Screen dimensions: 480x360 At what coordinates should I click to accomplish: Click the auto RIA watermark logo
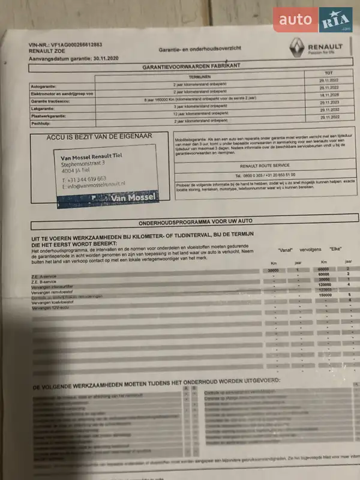pyautogui.click(x=313, y=19)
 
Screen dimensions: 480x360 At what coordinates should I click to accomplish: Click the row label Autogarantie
pyautogui.click(x=46, y=87)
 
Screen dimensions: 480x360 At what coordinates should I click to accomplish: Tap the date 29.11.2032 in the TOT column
pyautogui.click(x=330, y=110)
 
